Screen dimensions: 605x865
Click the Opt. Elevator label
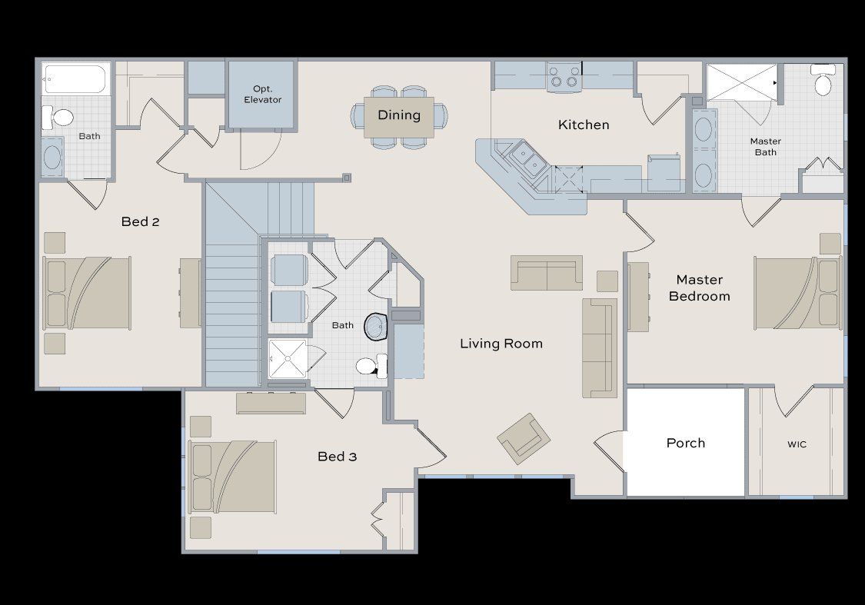[262, 95]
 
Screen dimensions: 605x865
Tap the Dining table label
[399, 115]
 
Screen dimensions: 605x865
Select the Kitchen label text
[584, 125]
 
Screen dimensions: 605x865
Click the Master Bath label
[765, 146]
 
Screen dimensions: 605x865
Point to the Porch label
[685, 443]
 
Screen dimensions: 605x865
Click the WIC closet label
[797, 444]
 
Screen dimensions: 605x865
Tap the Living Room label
[501, 344]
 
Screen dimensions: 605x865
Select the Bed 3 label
[337, 457]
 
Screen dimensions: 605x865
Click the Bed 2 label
[140, 222]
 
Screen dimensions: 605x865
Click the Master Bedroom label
[699, 288]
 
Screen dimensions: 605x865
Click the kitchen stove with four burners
[564, 77]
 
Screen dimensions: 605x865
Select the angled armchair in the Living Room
[524, 438]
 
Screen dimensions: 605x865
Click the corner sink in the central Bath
[377, 327]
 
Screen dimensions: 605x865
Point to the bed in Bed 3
[232, 477]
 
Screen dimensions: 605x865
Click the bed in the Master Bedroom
[797, 293]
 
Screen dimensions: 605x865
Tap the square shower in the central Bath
[288, 359]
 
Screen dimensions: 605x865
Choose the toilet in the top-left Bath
[58, 118]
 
